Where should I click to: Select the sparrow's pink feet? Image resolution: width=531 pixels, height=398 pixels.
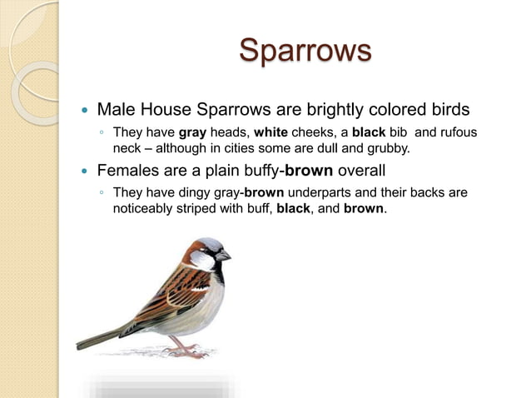[185, 351]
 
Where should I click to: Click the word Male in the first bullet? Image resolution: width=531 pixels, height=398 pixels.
[117, 109]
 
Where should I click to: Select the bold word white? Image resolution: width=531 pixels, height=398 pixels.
[271, 132]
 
